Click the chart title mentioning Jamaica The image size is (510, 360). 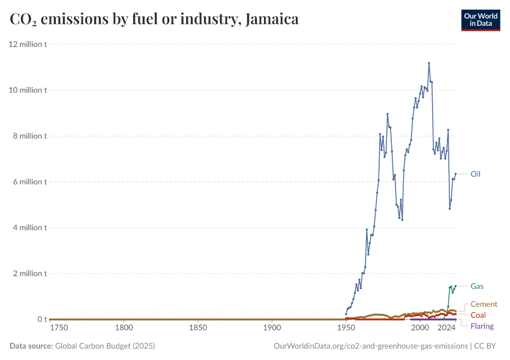tap(154, 19)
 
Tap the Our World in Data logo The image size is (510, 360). tap(480, 19)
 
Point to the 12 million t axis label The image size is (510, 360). tap(28, 44)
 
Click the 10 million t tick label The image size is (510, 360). tap(28, 90)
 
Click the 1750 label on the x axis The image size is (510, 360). tap(59, 328)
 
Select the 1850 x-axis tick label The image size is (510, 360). tap(198, 328)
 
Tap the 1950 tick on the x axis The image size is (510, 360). tap(346, 328)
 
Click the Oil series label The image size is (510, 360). tap(475, 174)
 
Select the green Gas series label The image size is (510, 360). tap(476, 286)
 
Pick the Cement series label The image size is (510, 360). tap(484, 304)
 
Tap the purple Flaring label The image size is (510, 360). tap(482, 326)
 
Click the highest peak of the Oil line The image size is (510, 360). tap(429, 63)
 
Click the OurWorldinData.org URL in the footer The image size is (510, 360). tap(370, 346)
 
